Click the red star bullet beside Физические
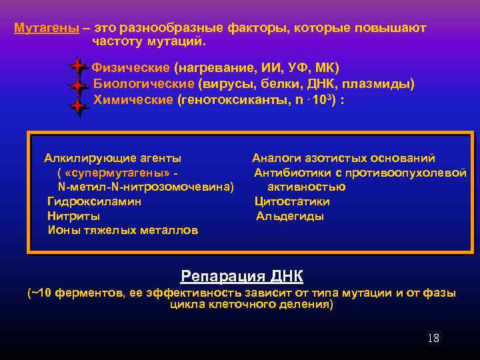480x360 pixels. tap(79, 67)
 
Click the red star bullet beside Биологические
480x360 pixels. tap(79, 87)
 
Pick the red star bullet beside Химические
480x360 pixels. tap(79, 106)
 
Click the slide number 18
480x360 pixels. tap(433, 338)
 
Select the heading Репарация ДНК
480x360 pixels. tap(241, 276)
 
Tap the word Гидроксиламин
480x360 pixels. tap(94, 201)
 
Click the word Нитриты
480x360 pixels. tap(73, 216)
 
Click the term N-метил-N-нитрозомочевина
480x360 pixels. tap(146, 187)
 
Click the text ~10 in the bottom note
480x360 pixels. tap(41, 293)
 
